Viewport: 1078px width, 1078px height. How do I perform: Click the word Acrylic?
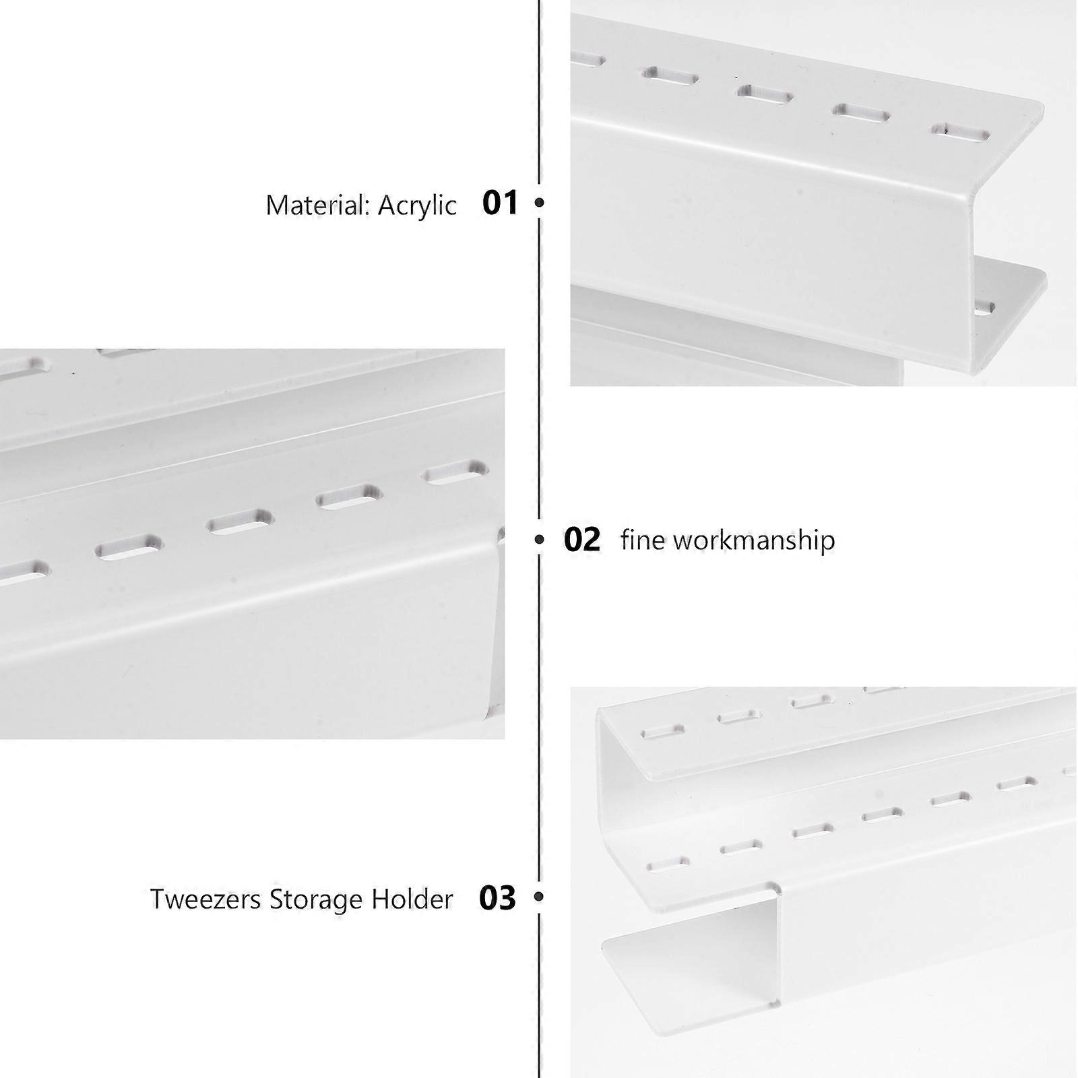pyautogui.click(x=417, y=205)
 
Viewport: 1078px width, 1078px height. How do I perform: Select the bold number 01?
pyautogui.click(x=500, y=203)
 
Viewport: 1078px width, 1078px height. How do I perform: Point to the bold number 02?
pyautogui.click(x=582, y=540)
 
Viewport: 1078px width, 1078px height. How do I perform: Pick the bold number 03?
pyautogui.click(x=497, y=898)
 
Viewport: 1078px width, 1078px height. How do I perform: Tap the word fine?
pyautogui.click(x=643, y=540)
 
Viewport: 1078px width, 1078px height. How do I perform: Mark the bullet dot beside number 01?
pyautogui.click(x=539, y=201)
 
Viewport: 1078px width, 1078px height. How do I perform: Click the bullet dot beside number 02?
pyautogui.click(x=539, y=539)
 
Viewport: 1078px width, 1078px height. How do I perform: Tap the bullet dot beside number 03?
pyautogui.click(x=538, y=897)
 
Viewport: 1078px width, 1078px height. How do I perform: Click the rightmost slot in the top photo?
pyautogui.click(x=960, y=132)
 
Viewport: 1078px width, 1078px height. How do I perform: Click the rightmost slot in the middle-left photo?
pyautogui.click(x=456, y=472)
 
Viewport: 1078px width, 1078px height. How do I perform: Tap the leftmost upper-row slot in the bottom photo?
pyautogui.click(x=662, y=732)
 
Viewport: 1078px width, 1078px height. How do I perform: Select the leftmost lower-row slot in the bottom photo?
pyautogui.click(x=668, y=864)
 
